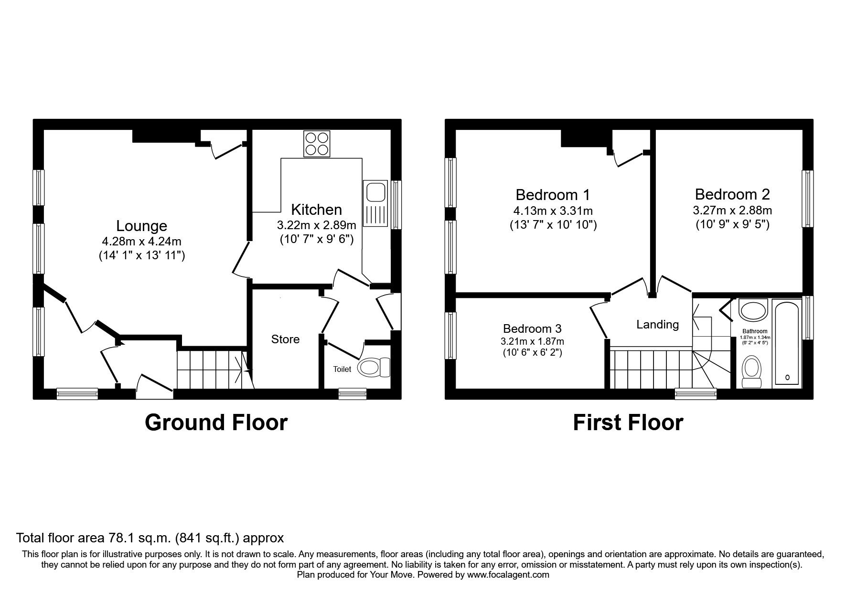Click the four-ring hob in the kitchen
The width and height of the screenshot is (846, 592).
(x=317, y=143)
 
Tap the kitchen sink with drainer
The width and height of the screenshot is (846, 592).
(x=375, y=202)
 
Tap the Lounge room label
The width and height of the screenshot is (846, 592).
(x=141, y=226)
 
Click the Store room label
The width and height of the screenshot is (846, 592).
(x=285, y=339)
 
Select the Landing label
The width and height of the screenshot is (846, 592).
(x=657, y=325)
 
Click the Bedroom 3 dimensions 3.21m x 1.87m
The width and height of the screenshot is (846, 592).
(x=532, y=341)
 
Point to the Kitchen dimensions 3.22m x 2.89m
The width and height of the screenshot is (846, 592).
(x=316, y=225)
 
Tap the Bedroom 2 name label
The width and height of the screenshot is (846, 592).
(x=732, y=194)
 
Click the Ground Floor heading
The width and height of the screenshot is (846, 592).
(x=216, y=423)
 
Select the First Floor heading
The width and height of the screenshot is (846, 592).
(x=628, y=423)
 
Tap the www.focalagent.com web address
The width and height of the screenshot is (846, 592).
(x=508, y=575)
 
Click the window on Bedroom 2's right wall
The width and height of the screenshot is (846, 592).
(x=807, y=199)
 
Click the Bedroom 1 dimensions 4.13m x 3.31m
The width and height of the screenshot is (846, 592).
(x=553, y=211)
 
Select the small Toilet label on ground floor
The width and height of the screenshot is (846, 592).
(x=342, y=369)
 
